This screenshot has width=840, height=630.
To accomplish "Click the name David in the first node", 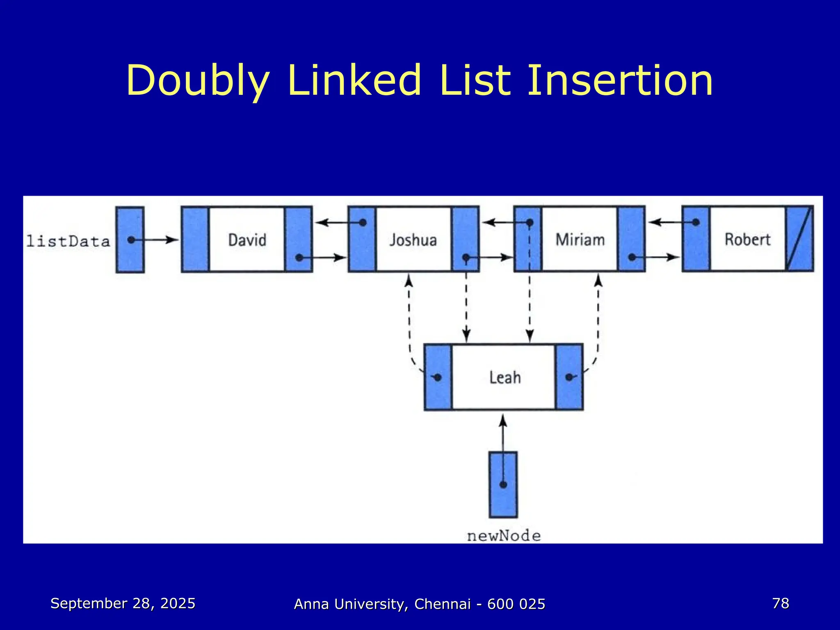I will coord(247,240).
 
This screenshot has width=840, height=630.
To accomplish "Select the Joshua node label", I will coord(413,240).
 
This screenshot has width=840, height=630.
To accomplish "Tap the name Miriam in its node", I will coord(580,240).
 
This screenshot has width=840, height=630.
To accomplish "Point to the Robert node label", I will coord(747,240).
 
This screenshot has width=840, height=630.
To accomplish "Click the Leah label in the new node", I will coord(505,377).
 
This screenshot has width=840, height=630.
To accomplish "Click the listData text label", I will coord(68,241).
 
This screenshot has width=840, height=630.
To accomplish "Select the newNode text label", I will coord(504,536).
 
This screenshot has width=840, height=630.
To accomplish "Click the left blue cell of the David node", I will coord(195,240).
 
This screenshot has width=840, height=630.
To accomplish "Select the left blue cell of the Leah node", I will coord(438,377).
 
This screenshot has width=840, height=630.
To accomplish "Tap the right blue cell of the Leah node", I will coord(569,377).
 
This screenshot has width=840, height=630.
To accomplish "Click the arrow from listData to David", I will coord(156,240).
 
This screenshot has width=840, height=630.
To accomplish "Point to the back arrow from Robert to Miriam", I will coord(673,222).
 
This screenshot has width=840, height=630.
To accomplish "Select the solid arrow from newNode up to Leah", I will coord(503,435).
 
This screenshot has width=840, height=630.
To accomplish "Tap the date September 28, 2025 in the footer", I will coord(123,603).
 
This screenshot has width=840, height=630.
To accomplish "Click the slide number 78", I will coord(781,603).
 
